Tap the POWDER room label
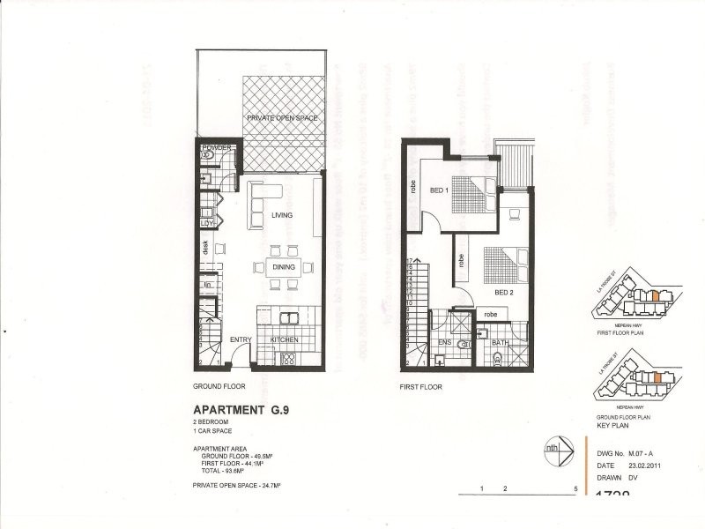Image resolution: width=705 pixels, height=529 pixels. pos(216,147)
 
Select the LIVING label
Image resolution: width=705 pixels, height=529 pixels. pos(282,215)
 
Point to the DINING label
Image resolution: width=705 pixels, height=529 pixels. pos(284,266)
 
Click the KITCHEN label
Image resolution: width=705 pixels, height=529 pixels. pos(284,339)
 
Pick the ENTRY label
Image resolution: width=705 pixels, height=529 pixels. pos(241,339)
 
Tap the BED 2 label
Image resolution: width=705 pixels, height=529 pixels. pos(503,292)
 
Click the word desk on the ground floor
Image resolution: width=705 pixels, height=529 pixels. pos(204,250)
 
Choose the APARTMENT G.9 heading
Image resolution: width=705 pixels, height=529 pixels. pos(239,410)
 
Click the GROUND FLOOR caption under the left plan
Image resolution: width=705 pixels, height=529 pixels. pos(219,386)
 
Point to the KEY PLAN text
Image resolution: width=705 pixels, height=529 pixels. pos(614,425)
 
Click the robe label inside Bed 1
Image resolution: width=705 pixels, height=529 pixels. pos(411,185)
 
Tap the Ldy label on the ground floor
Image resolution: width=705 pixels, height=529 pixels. pos(208,224)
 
